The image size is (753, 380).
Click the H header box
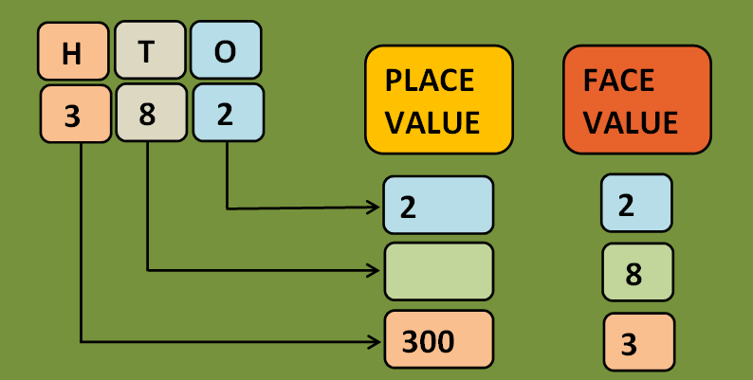[x=72, y=52]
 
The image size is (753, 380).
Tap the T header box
[x=148, y=51]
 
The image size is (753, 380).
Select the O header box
[x=225, y=51]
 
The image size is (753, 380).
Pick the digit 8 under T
[x=149, y=113]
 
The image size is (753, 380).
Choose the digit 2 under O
[x=226, y=113]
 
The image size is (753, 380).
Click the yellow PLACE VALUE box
[x=438, y=99]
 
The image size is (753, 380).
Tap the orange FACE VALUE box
[x=636, y=99]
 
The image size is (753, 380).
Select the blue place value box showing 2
[x=438, y=205]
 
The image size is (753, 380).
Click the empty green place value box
[x=438, y=272]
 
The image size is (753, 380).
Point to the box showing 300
[x=438, y=339]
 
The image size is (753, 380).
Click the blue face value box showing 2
[x=636, y=204]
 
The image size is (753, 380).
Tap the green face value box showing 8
[x=636, y=272]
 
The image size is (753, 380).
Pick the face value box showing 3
[x=638, y=342]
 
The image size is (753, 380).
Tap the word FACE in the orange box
[x=618, y=80]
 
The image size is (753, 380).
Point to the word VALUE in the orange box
[x=632, y=121]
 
